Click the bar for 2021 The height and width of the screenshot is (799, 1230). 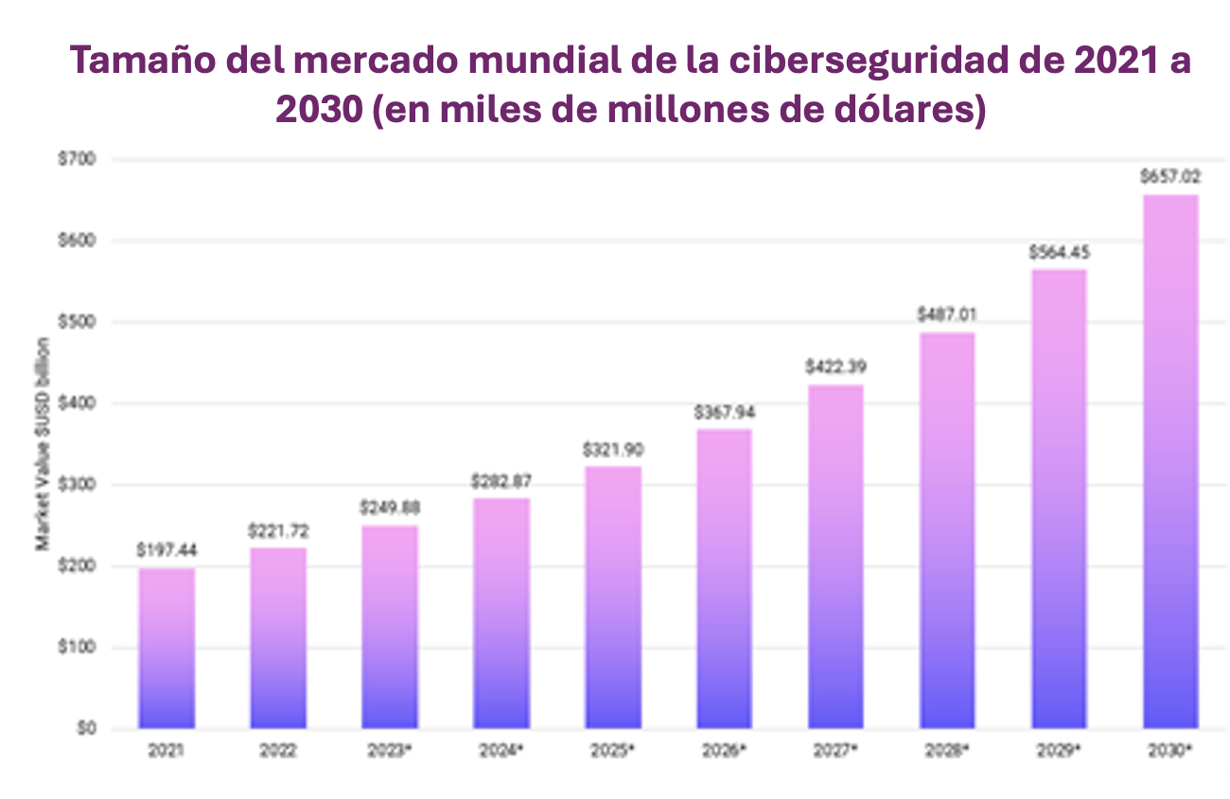167,648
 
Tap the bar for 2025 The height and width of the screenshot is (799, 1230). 613,597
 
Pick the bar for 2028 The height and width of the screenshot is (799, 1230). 947,530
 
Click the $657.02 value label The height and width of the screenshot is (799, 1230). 1170,175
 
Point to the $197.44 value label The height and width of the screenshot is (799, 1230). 167,549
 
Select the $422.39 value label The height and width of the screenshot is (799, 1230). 836,366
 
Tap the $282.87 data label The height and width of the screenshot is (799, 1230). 501,481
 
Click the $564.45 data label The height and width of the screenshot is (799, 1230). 1059,253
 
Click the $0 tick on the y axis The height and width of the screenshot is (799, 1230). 87,729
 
